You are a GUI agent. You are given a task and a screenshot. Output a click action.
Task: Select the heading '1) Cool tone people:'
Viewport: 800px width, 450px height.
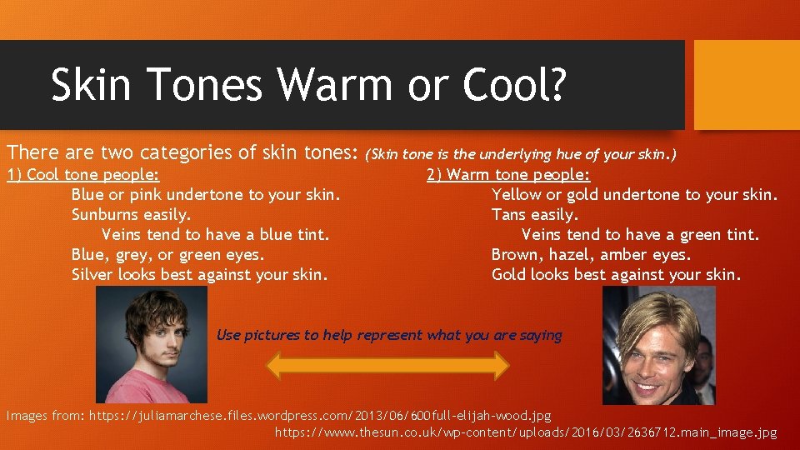click(x=83, y=175)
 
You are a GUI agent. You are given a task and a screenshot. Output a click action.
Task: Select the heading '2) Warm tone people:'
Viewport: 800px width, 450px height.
click(x=508, y=175)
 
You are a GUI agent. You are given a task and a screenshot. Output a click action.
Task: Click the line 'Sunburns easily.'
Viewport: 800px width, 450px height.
click(x=131, y=215)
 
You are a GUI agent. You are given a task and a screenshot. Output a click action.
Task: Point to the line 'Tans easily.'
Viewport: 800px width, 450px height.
click(x=534, y=215)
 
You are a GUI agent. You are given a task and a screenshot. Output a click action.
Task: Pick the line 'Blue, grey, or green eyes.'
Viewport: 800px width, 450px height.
click(x=167, y=255)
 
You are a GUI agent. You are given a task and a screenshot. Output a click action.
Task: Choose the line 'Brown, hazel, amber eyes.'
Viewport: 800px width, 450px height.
click(x=591, y=255)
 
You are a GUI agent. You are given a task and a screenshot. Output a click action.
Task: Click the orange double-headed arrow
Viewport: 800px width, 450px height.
click(x=387, y=366)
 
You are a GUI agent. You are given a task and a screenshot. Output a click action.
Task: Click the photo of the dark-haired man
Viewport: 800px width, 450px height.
click(x=152, y=345)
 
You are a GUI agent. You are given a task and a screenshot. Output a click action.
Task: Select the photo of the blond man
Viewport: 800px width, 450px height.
click(x=658, y=345)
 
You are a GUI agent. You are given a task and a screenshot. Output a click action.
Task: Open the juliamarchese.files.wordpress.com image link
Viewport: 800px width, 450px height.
click(x=320, y=415)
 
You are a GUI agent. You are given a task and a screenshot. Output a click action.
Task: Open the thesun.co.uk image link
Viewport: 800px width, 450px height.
click(x=525, y=432)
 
